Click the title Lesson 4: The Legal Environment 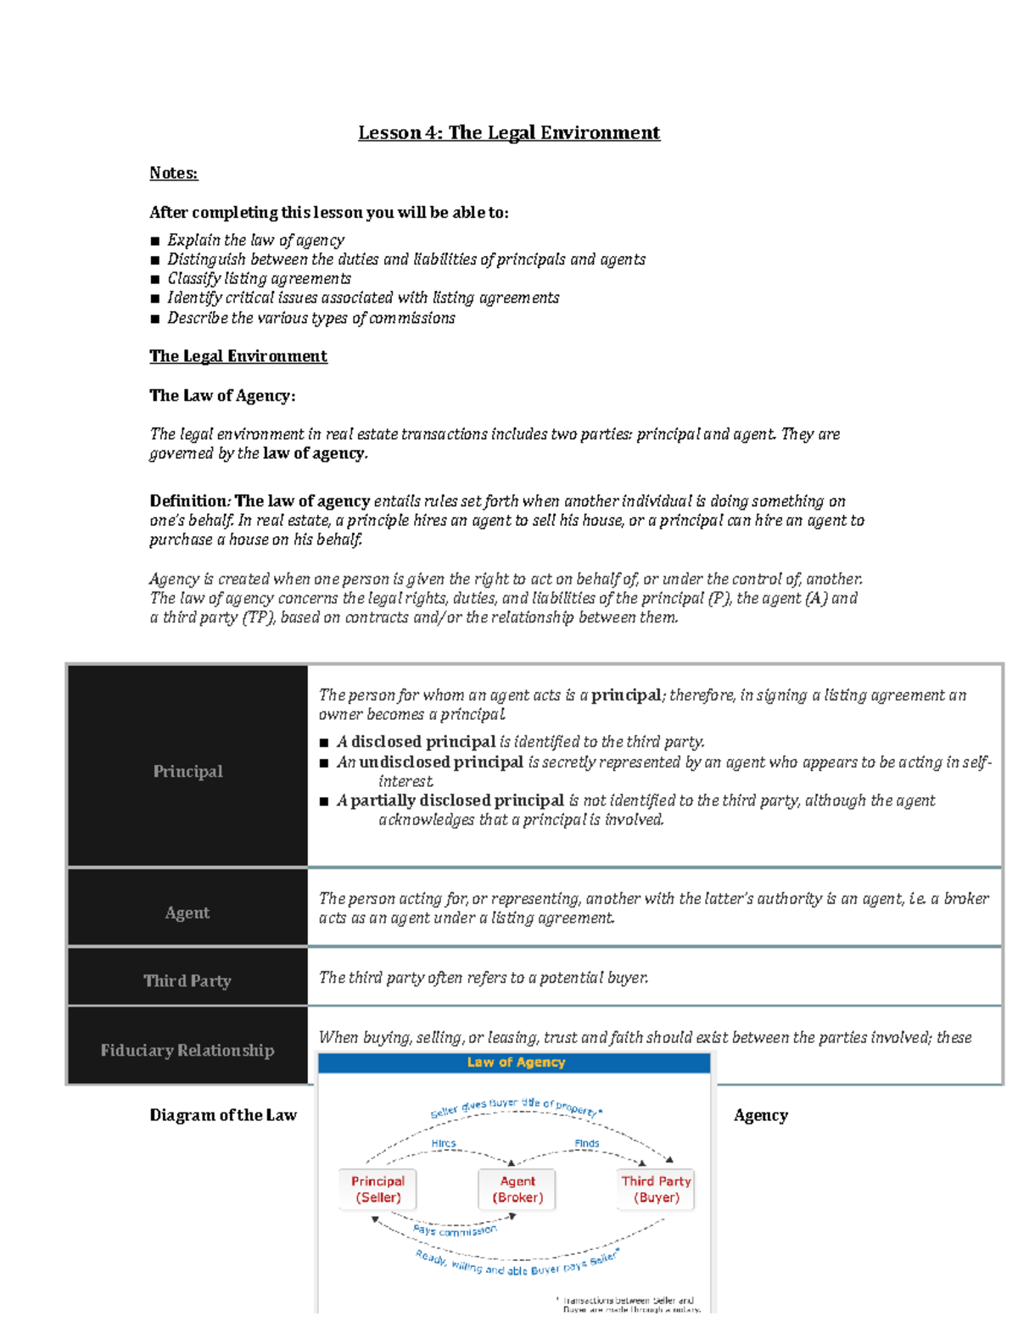(x=508, y=133)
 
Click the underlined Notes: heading (x=173, y=173)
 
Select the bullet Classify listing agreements (x=259, y=279)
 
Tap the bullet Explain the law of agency (x=255, y=240)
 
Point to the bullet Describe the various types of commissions (x=310, y=318)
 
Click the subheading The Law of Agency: (x=222, y=395)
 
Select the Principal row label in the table (x=187, y=771)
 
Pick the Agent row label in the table (x=187, y=912)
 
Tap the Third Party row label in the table (x=187, y=980)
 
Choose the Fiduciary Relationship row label (x=187, y=1050)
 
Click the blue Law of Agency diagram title (x=516, y=1063)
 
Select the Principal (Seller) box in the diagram (x=378, y=1189)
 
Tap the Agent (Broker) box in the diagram (x=517, y=1189)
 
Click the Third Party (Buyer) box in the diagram (x=656, y=1189)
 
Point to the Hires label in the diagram (x=444, y=1143)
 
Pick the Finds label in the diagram (x=586, y=1143)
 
